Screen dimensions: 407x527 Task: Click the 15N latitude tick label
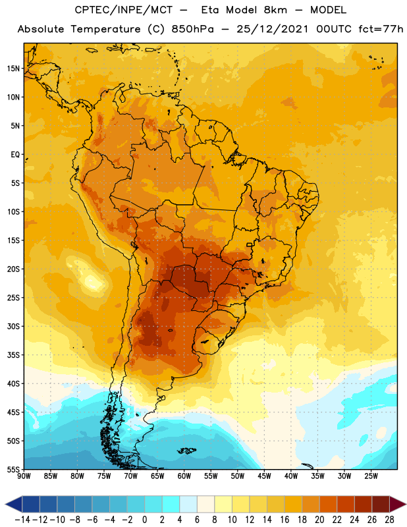click(x=14, y=69)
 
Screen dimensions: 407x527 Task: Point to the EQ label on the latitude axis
click(x=15, y=155)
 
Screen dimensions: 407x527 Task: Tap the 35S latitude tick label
click(x=14, y=355)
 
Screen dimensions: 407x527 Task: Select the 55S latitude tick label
click(x=14, y=470)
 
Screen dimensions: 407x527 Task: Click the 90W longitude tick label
click(x=24, y=476)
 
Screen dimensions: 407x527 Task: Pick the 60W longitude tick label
click(x=184, y=476)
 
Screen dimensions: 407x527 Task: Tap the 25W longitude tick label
click(x=371, y=476)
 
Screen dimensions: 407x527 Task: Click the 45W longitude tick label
click(x=264, y=476)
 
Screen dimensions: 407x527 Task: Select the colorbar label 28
click(x=389, y=520)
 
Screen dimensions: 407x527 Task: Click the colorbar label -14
click(x=22, y=520)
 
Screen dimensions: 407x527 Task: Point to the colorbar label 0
click(x=145, y=520)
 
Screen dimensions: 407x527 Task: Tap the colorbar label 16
click(x=285, y=520)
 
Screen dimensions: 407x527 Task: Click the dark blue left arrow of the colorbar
click(x=14, y=504)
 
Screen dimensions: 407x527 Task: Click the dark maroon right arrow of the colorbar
click(x=398, y=504)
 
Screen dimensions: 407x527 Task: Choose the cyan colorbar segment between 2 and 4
click(x=171, y=504)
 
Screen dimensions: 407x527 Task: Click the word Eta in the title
click(x=210, y=10)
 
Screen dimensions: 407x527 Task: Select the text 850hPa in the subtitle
click(x=192, y=29)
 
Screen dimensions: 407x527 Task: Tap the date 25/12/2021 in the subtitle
click(x=272, y=29)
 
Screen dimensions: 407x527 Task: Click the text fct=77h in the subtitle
click(x=381, y=29)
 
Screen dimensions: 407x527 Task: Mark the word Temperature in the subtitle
click(x=105, y=30)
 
